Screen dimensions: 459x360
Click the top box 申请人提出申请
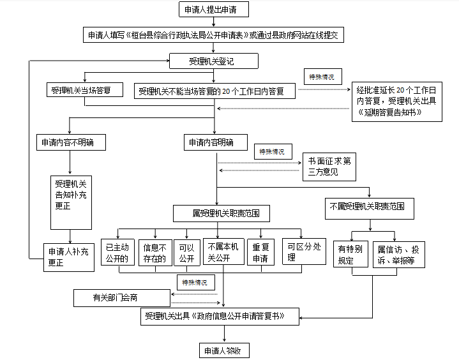(x=214, y=10)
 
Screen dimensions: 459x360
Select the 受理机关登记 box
(x=214, y=61)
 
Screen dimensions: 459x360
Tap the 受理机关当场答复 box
(x=85, y=89)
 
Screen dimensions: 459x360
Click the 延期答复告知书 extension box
(x=396, y=101)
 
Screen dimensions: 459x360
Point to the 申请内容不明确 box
(x=71, y=142)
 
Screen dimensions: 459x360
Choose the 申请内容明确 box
(x=215, y=142)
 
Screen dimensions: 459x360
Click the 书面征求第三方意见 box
(x=329, y=167)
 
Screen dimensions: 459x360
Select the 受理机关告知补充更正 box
(x=71, y=202)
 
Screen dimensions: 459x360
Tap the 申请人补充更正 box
(x=69, y=257)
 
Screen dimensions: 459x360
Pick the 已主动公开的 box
(x=117, y=252)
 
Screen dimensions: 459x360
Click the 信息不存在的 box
(x=155, y=253)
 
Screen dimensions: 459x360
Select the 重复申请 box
(x=260, y=252)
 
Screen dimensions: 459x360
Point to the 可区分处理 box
(x=304, y=251)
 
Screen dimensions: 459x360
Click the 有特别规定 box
(x=350, y=254)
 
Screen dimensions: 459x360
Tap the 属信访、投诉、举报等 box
(x=399, y=255)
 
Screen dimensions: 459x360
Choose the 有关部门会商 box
(x=122, y=298)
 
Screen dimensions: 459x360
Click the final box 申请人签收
(x=224, y=350)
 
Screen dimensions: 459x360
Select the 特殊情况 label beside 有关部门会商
(x=196, y=282)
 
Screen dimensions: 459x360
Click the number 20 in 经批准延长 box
(x=400, y=90)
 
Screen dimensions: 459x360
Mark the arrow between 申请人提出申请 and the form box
(x=214, y=22)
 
